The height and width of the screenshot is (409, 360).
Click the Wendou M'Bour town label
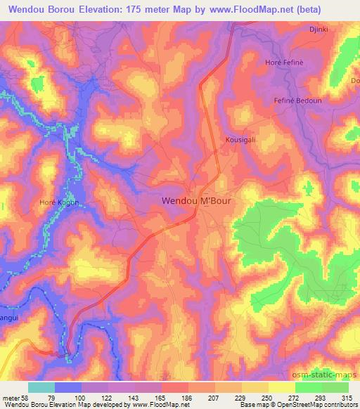pyautogui.click(x=196, y=200)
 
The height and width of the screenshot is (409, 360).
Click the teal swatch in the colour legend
pyautogui.click(x=41, y=387)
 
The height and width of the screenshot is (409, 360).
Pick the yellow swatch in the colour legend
pyautogui.click(x=281, y=387)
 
